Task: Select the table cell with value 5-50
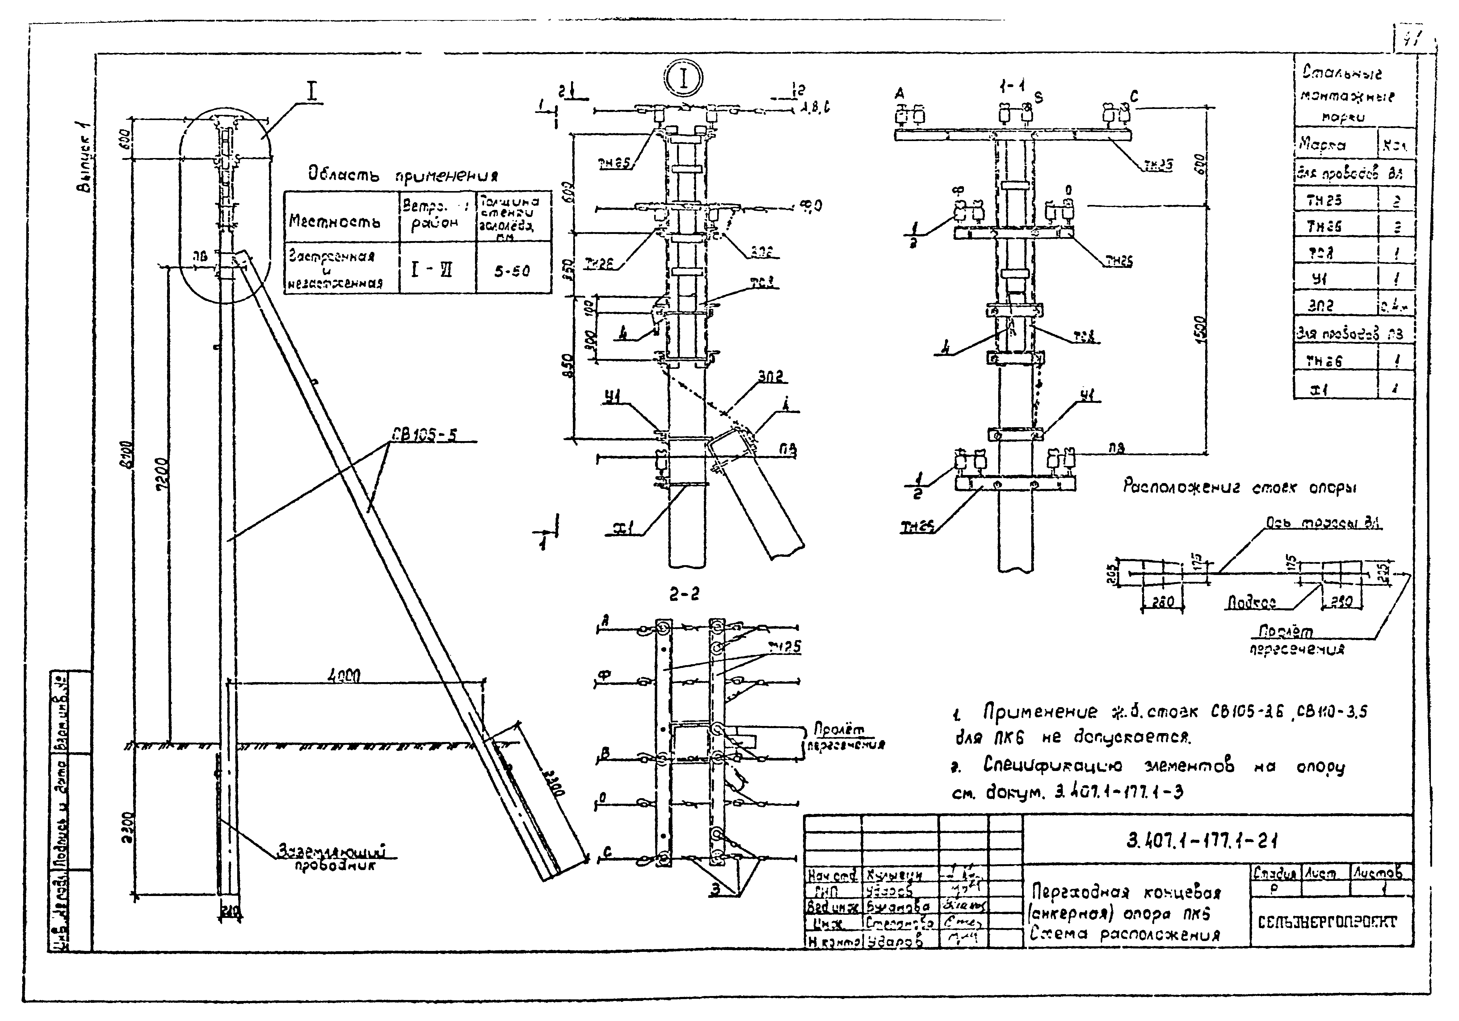(512, 271)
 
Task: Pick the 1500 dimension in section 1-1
(1198, 330)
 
